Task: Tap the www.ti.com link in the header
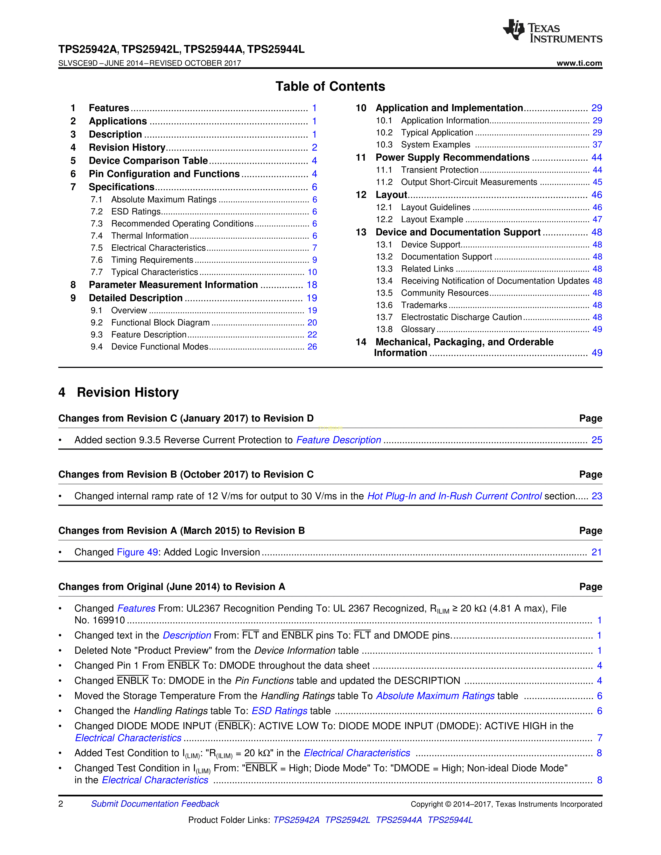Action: click(579, 63)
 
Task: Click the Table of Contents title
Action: click(330, 87)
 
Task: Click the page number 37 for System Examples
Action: click(597, 145)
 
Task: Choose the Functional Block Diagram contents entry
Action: click(160, 323)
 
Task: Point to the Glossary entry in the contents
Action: click(418, 329)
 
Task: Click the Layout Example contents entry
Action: click(432, 220)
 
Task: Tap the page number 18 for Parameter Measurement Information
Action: click(312, 285)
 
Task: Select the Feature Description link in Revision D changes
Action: click(338, 440)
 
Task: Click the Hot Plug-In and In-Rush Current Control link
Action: click(454, 496)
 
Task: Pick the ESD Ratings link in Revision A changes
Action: click(279, 711)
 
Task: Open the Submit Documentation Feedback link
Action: click(155, 804)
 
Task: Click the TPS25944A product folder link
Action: click(399, 820)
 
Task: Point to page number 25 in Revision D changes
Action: click(596, 440)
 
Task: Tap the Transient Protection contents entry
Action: click(439, 170)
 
